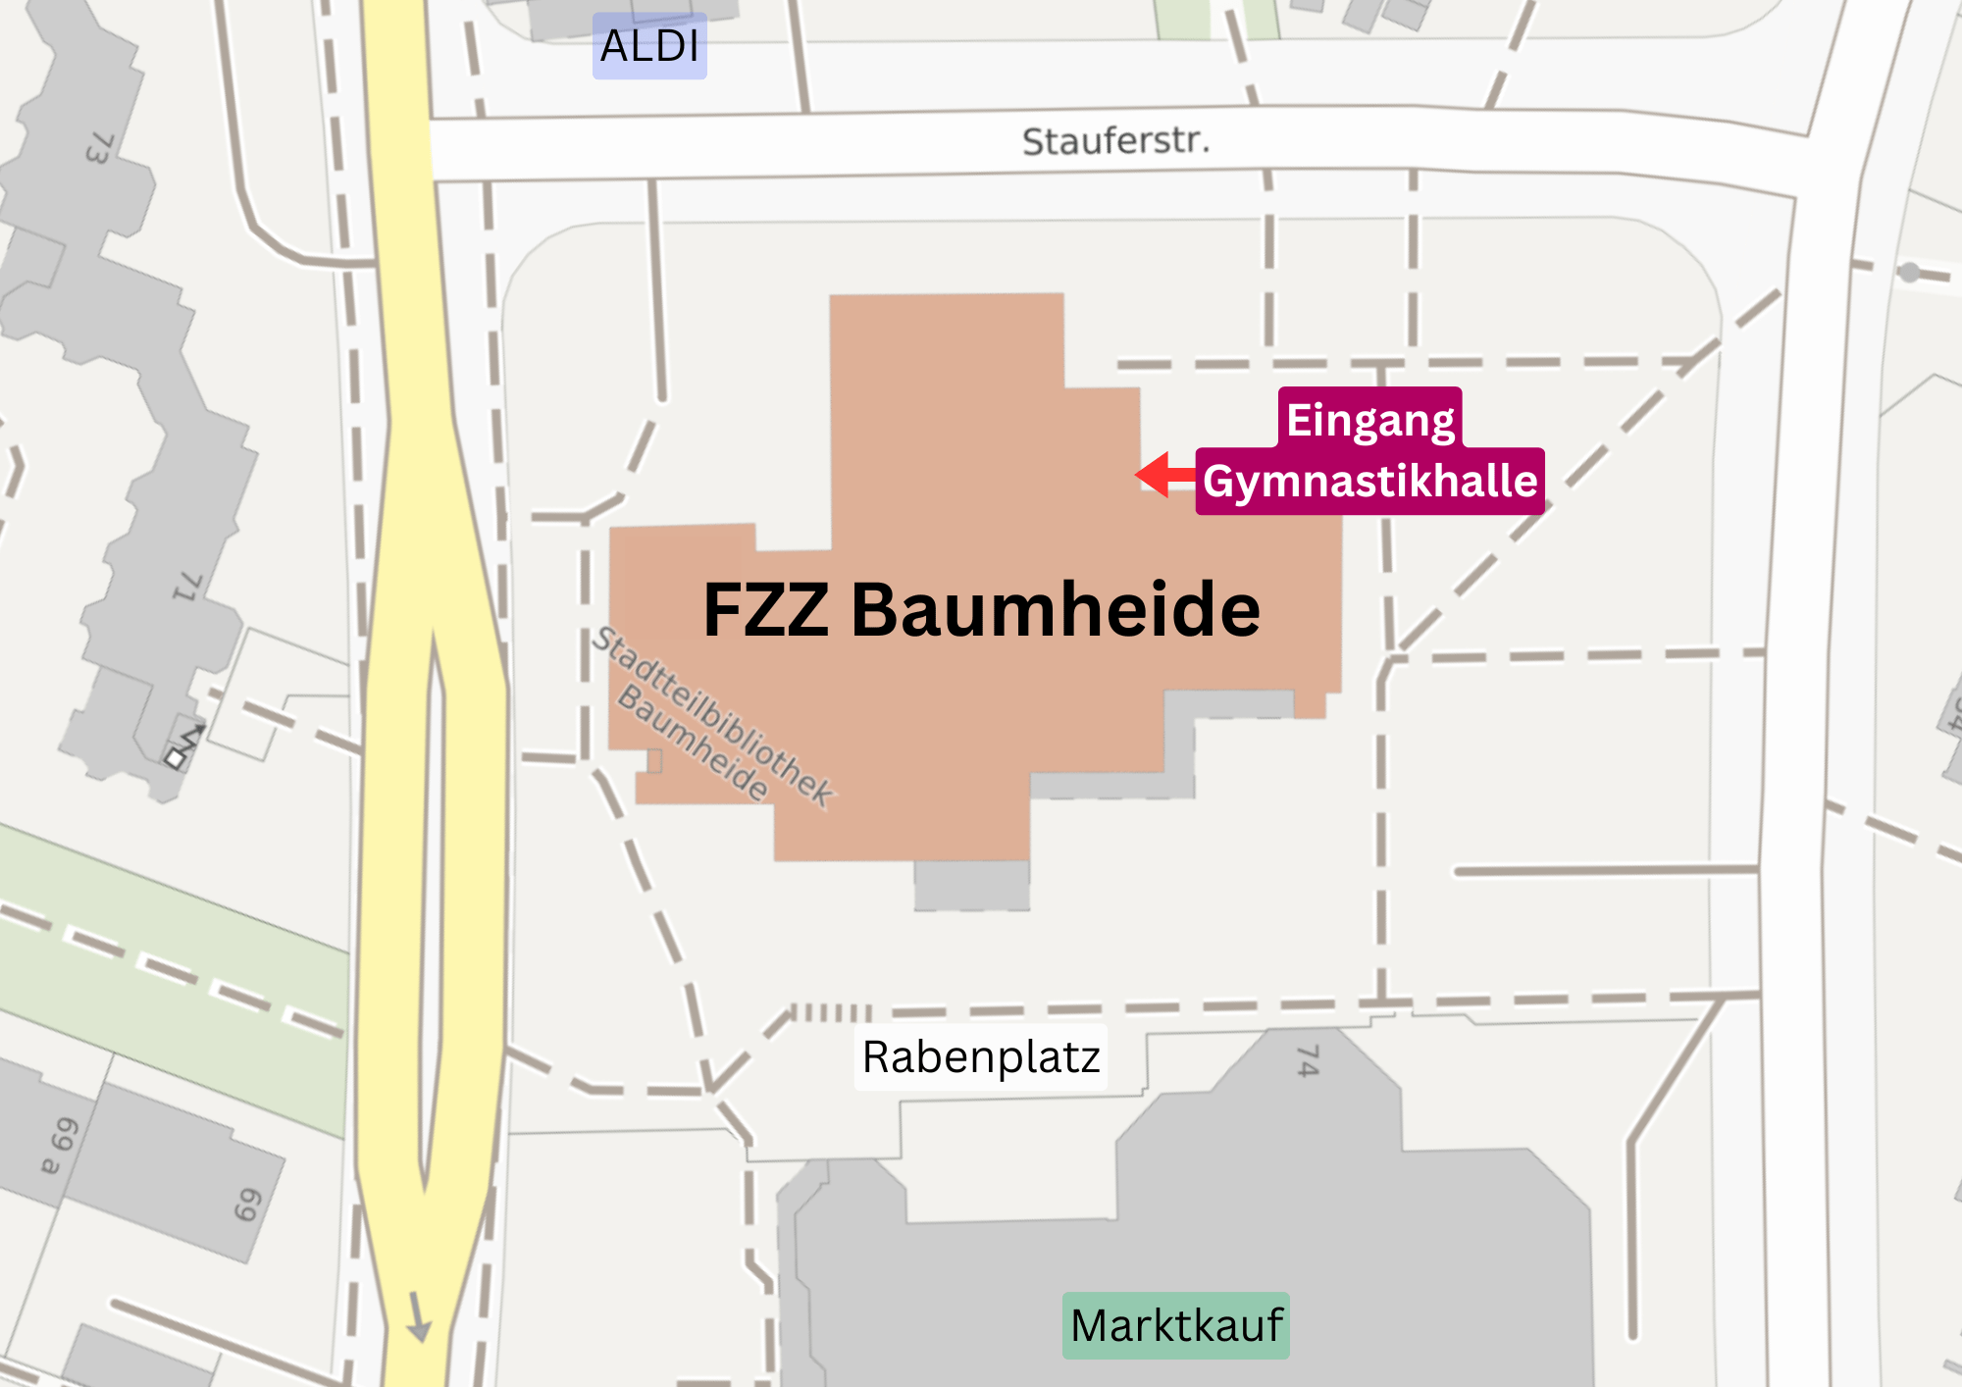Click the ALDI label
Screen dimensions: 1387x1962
coord(649,46)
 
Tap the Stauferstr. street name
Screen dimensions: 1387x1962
coord(1115,141)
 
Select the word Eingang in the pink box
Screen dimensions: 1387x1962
coord(1369,420)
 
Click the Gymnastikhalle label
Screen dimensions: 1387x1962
coord(1369,482)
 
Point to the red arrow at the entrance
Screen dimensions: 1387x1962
coord(1164,475)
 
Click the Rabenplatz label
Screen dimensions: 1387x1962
coord(980,1057)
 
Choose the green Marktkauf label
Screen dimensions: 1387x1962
coord(1175,1325)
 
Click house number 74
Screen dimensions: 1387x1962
coord(1308,1061)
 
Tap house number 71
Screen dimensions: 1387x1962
coord(187,587)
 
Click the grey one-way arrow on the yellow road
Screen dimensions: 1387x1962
coord(419,1316)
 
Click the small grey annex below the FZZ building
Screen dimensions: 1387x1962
coord(971,885)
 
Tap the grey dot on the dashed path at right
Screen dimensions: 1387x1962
coord(1909,273)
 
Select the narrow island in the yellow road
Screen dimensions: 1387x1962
coord(432,883)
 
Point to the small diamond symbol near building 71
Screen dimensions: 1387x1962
coord(176,758)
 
